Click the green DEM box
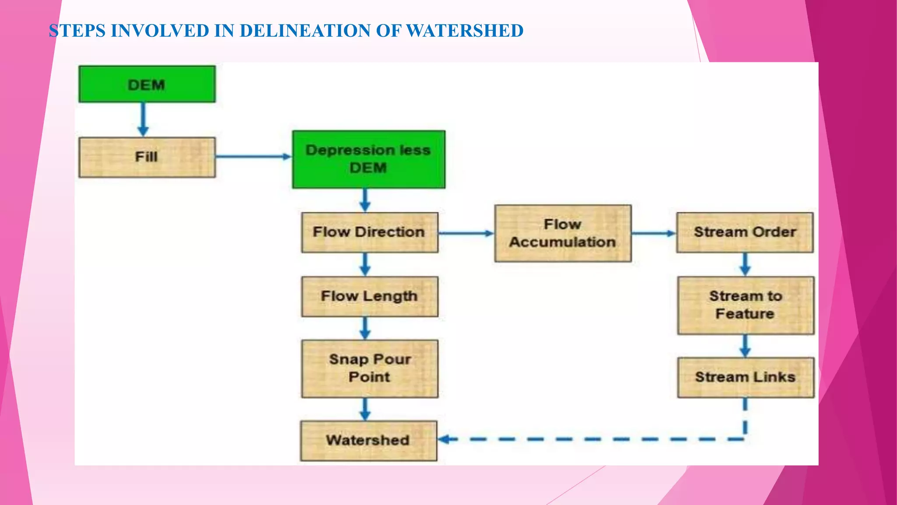[147, 84]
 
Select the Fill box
[147, 157]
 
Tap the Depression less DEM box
[368, 159]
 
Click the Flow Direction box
[369, 232]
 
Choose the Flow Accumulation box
[563, 233]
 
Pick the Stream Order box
[745, 232]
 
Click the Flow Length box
[369, 296]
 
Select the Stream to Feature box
[745, 305]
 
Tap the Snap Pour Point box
[369, 368]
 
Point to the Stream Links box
[745, 377]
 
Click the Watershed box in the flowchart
[368, 441]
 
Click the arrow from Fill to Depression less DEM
[253, 156]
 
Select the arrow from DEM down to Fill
[143, 119]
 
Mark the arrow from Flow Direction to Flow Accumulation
[466, 233]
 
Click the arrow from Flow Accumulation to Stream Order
[653, 233]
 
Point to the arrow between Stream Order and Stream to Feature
[745, 264]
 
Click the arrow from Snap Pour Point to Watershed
[365, 409]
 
